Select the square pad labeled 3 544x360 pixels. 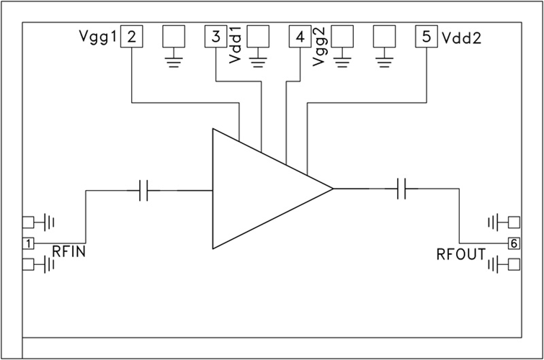[215, 37]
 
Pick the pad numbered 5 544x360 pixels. [427, 37]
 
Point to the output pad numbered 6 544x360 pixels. [514, 243]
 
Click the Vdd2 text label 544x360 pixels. [461, 37]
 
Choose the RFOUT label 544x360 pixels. [461, 254]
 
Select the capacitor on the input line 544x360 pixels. [143, 190]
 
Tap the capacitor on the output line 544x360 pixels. [406, 190]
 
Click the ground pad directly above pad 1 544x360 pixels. [29, 222]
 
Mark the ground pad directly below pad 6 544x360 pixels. [514, 265]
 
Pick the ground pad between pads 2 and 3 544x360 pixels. [173, 37]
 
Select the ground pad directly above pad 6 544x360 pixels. [514, 222]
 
